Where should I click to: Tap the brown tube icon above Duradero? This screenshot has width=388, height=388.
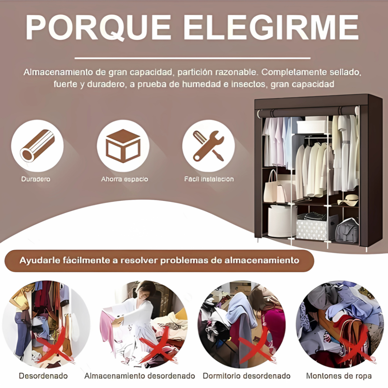[x=37, y=145]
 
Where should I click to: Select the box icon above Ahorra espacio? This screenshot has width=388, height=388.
[x=123, y=145]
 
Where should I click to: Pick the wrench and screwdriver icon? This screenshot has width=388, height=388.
[x=208, y=145]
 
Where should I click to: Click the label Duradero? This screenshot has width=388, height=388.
[x=36, y=179]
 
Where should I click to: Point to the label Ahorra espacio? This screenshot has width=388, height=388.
[x=124, y=179]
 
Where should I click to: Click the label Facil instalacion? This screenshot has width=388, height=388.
[x=209, y=179]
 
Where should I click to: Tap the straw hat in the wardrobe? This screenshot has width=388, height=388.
[x=348, y=200]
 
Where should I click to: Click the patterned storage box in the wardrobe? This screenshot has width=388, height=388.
[x=312, y=228]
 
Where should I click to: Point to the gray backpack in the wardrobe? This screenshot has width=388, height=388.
[x=347, y=230]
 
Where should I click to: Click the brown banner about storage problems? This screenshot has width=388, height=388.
[x=159, y=260]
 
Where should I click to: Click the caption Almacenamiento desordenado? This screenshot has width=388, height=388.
[x=140, y=376]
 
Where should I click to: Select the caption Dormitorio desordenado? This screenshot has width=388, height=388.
[x=246, y=376]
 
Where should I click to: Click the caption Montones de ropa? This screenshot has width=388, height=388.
[x=339, y=376]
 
